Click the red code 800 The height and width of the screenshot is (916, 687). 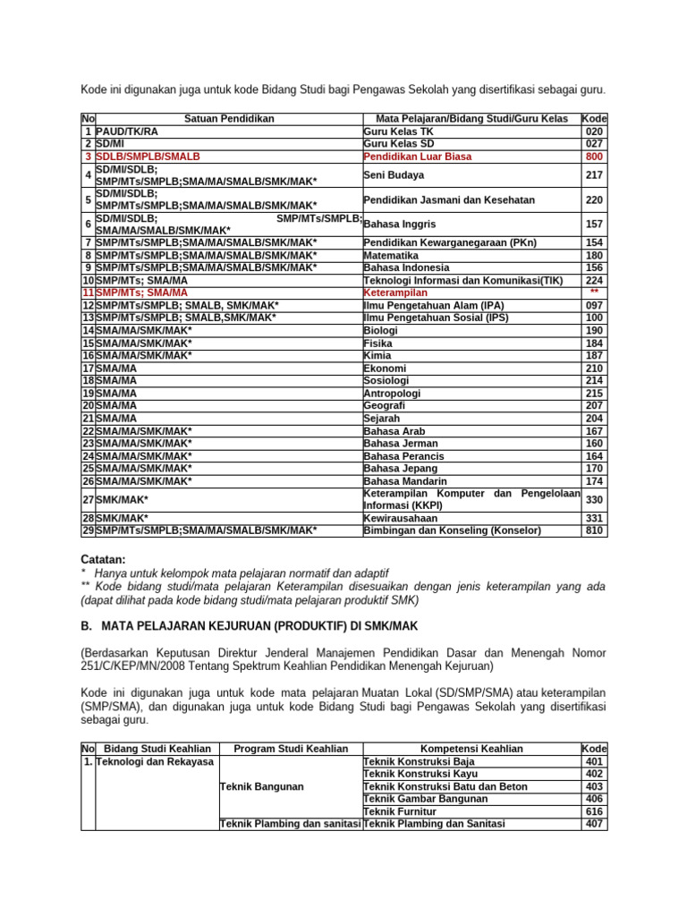[x=594, y=156]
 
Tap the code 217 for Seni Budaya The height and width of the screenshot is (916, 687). [x=594, y=175]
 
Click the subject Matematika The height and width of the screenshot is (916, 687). [x=393, y=255]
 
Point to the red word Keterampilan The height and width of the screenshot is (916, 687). [x=395, y=293]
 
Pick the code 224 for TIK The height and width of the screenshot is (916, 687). [x=594, y=280]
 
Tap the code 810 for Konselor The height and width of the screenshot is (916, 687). [x=594, y=530]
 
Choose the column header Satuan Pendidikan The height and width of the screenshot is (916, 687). [x=229, y=118]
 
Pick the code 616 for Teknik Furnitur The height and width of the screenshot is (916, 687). [x=594, y=811]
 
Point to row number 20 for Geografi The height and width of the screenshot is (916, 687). [x=88, y=405]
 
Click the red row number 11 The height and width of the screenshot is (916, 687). [x=88, y=293]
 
